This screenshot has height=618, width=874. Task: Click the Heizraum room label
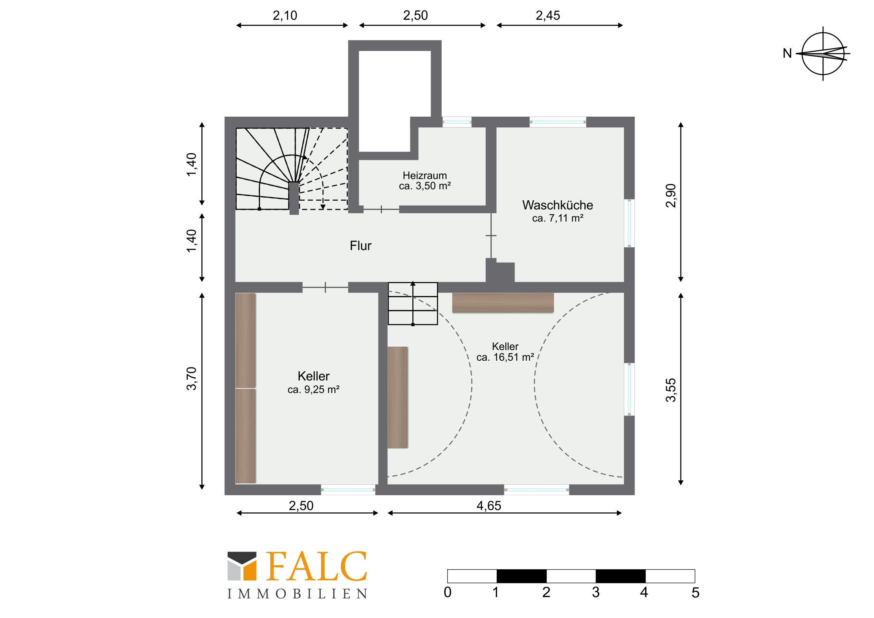425,176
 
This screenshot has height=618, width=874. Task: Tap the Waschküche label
558,205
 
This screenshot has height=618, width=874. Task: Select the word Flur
361,246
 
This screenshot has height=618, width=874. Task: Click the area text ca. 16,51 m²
505,357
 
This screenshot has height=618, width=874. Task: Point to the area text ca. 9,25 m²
313,390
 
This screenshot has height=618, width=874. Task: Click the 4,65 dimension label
489,505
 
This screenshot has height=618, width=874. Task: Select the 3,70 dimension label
192,379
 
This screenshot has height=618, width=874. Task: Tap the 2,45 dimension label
548,15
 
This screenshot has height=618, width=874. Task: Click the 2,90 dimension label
671,195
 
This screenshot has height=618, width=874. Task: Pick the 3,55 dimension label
671,390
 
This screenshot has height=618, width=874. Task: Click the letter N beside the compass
787,53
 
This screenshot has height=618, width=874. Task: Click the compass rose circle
823,33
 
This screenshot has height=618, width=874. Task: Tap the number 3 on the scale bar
596,593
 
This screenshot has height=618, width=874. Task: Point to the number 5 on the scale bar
695,593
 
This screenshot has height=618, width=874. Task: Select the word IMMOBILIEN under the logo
297,594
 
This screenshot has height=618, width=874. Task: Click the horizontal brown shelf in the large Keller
503,303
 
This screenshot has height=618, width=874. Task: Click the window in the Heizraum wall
457,122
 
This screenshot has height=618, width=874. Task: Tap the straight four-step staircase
413,303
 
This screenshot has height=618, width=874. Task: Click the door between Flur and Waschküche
491,236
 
